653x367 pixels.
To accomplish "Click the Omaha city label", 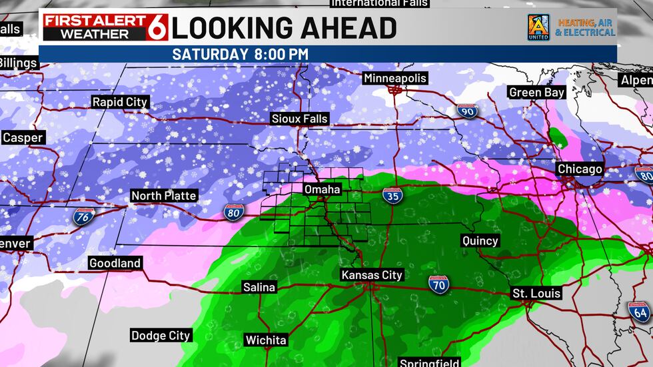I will tap(323, 190).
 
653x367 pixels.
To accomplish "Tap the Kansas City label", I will tap(372, 275).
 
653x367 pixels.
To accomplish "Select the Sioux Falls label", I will tap(300, 119).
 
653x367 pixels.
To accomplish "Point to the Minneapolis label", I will tap(394, 79).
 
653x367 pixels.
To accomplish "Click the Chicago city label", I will tap(580, 169).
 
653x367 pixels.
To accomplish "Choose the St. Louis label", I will tap(536, 293).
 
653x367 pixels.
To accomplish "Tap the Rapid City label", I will tap(120, 102).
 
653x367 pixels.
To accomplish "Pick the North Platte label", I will tap(163, 195).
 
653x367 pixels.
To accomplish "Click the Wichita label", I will tap(266, 340).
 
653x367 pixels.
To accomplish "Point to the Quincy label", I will tap(480, 240).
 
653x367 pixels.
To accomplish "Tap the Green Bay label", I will tap(536, 93).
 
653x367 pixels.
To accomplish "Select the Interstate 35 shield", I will tap(392, 196).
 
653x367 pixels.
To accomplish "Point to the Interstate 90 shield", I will tap(467, 111).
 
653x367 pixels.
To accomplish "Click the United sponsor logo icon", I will tap(538, 27).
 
